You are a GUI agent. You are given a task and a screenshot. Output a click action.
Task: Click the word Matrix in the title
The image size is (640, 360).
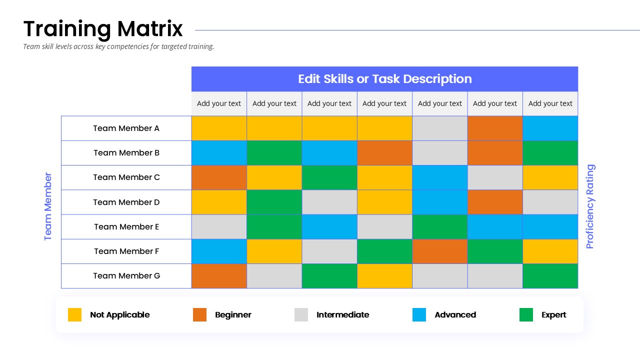[x=149, y=29]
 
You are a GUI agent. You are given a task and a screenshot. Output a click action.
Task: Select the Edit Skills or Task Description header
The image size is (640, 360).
[x=384, y=79]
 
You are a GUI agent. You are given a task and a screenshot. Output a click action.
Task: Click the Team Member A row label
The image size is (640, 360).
[x=126, y=128]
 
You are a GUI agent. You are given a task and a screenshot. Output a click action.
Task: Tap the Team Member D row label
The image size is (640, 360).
[x=126, y=202]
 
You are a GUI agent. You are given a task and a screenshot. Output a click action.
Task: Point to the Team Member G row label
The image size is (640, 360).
[x=126, y=275]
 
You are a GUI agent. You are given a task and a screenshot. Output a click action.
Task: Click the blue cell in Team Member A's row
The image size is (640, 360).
[x=550, y=128]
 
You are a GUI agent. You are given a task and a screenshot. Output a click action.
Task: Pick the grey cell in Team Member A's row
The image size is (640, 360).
[x=439, y=128]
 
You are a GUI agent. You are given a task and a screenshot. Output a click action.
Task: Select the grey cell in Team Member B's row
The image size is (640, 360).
[x=439, y=153]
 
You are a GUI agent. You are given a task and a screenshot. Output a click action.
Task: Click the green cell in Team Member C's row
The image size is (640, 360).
[x=329, y=177]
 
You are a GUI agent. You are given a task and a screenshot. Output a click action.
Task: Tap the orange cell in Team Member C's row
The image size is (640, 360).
[x=219, y=177]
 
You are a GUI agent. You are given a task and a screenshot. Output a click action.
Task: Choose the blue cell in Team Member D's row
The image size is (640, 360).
[x=439, y=202]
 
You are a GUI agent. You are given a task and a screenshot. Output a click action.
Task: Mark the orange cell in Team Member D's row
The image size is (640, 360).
[x=495, y=202]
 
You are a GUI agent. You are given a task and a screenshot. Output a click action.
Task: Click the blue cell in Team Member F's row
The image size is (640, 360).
[x=219, y=251]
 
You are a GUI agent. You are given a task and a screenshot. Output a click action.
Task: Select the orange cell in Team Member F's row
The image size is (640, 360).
[x=439, y=251]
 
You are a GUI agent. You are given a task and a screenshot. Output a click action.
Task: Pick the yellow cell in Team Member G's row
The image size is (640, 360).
[x=384, y=276]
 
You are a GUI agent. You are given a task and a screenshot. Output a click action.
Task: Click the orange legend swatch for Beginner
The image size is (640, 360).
[x=199, y=314]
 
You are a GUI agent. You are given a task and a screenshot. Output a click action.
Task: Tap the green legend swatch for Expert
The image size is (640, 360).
[x=526, y=314]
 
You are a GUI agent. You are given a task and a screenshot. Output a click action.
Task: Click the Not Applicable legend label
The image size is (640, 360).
[x=119, y=314]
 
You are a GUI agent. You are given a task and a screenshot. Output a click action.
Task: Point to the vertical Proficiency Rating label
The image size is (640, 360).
[x=590, y=206]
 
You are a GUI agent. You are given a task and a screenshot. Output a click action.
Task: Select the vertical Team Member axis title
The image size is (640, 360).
[x=47, y=206]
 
